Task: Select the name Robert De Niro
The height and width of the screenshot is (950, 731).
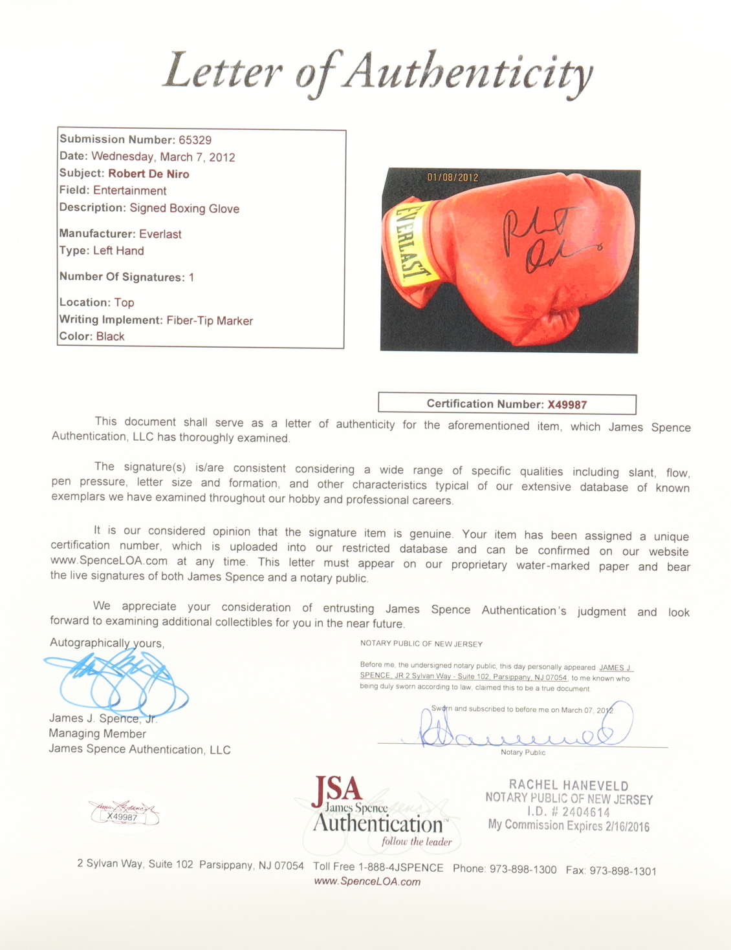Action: point(148,174)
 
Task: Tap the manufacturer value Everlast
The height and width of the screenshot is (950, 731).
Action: point(160,234)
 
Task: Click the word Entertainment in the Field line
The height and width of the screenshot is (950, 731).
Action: point(129,191)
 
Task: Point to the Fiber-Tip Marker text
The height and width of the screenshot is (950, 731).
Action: point(209,321)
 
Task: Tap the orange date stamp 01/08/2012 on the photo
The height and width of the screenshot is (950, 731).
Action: point(453,177)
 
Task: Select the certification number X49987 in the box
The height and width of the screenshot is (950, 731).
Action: point(567,405)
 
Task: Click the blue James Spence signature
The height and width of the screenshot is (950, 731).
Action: point(116,682)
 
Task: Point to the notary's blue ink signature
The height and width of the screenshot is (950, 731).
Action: point(518,730)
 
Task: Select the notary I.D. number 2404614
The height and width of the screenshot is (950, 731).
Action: point(585,812)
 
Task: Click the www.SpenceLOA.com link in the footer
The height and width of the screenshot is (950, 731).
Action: point(367,881)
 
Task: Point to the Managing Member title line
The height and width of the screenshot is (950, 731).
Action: point(97,734)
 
